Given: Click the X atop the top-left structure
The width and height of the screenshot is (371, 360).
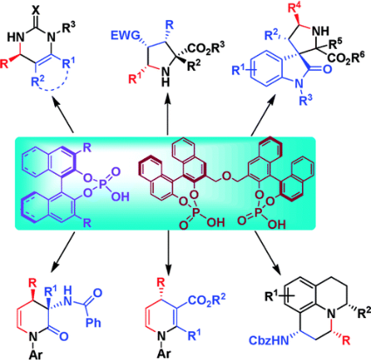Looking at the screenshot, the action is pos(36,10).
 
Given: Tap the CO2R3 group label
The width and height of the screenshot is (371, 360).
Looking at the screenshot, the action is pos(207,48).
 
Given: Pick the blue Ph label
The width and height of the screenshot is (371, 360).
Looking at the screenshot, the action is pos(93,322).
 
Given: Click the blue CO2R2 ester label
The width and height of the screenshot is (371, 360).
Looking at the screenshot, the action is pos(207,301).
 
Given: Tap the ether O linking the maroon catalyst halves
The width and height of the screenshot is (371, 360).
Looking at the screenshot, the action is pos(227,176).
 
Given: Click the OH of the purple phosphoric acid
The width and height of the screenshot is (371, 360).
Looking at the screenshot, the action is pos(120,197).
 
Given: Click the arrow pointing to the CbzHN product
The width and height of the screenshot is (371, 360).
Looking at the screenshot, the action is pos(268,253).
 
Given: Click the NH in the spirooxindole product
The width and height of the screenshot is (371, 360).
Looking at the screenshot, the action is pos(321,31).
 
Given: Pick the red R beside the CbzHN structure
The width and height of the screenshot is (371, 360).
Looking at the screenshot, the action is pos(347,341).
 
